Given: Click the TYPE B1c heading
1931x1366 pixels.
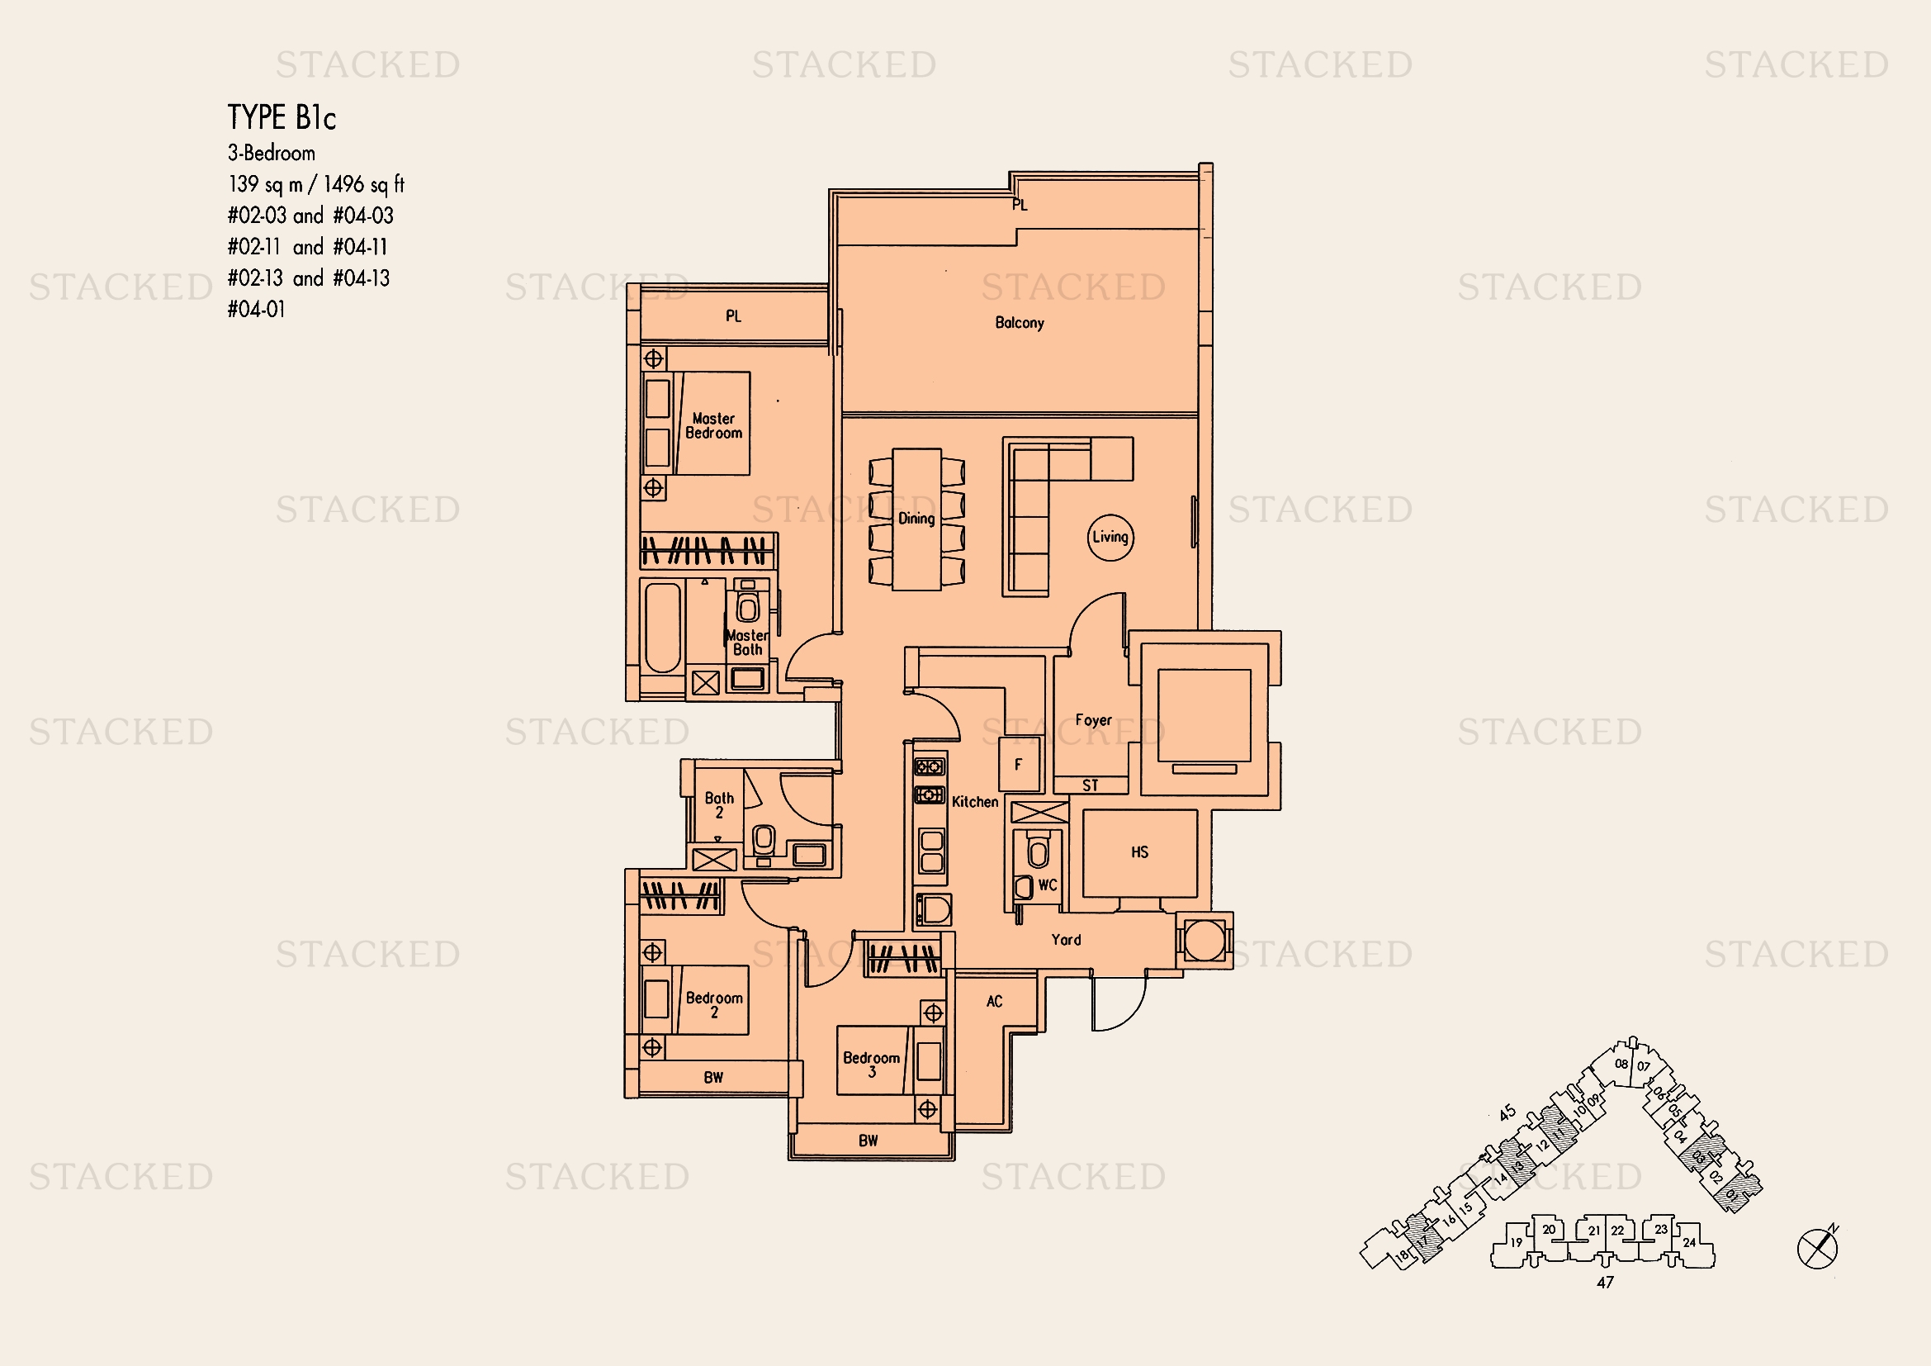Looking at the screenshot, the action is point(282,118).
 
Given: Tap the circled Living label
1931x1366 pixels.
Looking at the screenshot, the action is point(1110,537).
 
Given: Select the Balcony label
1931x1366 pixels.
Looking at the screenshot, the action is point(1020,323).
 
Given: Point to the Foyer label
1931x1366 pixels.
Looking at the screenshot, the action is point(1093,720).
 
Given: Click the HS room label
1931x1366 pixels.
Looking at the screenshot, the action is point(1139,852).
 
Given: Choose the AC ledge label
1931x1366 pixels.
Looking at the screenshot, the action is point(994,1001).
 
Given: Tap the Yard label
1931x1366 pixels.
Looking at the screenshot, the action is point(1066,940).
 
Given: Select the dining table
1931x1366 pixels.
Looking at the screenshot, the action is point(916,519).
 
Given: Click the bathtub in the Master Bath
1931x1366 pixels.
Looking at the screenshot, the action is point(662,628).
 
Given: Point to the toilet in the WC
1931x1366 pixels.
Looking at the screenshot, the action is point(1039,852).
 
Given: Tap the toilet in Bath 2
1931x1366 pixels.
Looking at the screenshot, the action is point(764,840).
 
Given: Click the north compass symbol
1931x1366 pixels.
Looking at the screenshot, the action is point(1816,1248).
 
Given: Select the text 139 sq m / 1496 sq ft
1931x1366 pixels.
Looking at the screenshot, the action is point(316,184).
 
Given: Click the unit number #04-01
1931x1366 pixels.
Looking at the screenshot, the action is point(257,310).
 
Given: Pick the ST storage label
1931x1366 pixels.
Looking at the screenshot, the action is point(1090,785).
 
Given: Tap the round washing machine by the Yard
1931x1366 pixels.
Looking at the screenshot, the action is point(1204,940).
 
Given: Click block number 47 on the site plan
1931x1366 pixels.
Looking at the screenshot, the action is point(1605,1283).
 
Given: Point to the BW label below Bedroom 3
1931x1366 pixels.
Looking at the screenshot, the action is point(868,1141).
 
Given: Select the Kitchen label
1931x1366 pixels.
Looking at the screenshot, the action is point(975,802).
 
